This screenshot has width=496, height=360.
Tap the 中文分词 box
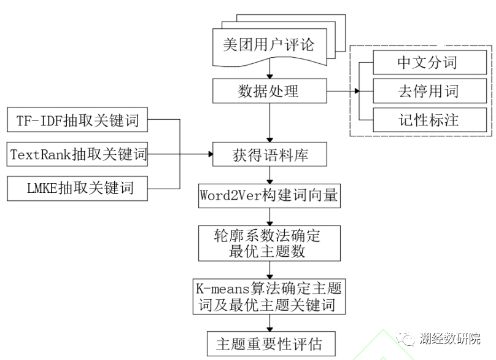[428, 63]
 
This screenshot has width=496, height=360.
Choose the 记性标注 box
[428, 119]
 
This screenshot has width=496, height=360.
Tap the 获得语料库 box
[269, 155]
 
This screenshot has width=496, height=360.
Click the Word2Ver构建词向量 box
[269, 196]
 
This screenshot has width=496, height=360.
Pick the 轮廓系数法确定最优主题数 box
[269, 242]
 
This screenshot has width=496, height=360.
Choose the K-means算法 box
[269, 296]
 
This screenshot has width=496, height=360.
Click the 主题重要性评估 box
[269, 342]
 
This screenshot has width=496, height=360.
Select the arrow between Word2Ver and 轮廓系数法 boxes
[269, 216]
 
